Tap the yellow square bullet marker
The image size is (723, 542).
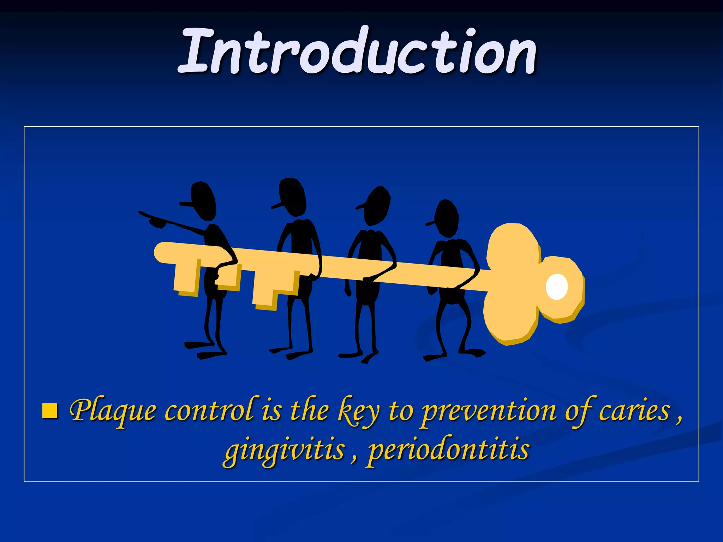[x=50, y=411]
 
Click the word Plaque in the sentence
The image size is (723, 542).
[x=113, y=411]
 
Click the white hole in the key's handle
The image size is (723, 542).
[x=557, y=287]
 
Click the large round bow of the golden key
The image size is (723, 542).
[x=512, y=282]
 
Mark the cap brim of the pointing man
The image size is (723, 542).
[x=186, y=204]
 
